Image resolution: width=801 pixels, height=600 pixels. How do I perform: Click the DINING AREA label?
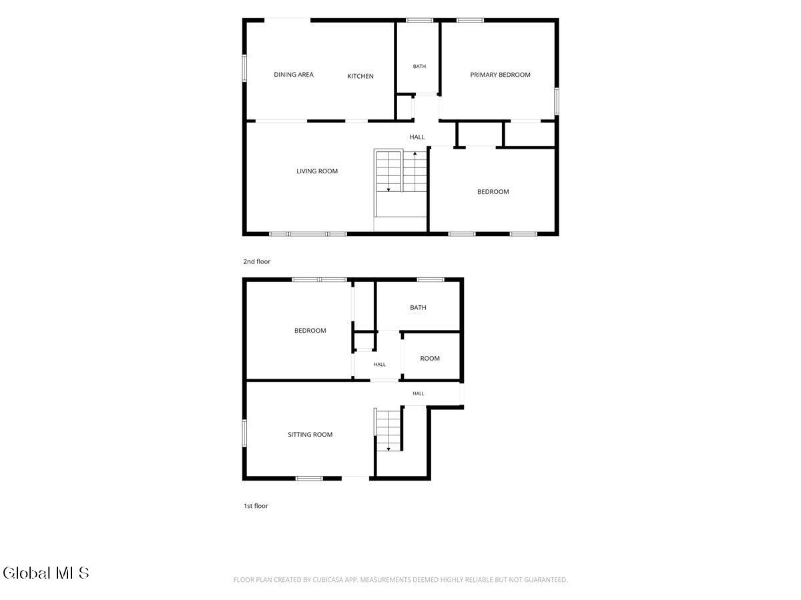tap(294, 75)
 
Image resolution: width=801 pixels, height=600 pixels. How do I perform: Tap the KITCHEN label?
tap(360, 76)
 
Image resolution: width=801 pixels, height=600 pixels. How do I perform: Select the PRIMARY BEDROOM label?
tap(500, 75)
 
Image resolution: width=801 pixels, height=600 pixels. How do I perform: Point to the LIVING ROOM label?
tap(317, 171)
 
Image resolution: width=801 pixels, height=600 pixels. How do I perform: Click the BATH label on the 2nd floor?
tap(419, 66)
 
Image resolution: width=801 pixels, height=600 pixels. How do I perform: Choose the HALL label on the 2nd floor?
tap(417, 137)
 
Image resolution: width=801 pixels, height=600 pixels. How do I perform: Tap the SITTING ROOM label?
tap(310, 435)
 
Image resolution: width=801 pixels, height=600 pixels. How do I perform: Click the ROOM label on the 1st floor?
tap(429, 359)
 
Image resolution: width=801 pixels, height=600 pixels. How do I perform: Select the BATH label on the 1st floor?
tap(418, 308)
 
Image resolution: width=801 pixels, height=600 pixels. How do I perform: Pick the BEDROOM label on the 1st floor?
tap(310, 331)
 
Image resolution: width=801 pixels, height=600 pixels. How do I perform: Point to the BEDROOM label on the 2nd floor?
tap(493, 192)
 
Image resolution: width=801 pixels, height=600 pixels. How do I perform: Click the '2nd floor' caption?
tap(257, 261)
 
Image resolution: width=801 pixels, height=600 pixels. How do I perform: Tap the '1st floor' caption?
tap(256, 506)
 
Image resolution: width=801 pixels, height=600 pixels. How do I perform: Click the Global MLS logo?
tap(46, 573)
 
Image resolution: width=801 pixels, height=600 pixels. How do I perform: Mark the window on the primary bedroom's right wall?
tap(557, 101)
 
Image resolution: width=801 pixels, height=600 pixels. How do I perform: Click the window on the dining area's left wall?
tap(244, 68)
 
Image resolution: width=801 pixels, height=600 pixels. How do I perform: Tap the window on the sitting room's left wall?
tap(244, 433)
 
